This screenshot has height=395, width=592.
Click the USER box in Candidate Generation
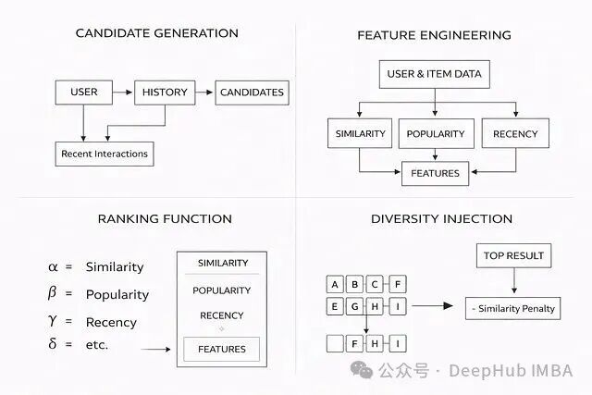click(84, 93)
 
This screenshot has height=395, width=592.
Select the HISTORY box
click(166, 93)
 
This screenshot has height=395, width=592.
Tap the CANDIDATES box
click(252, 93)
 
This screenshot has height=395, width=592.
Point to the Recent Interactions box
click(104, 153)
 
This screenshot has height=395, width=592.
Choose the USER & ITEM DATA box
click(434, 74)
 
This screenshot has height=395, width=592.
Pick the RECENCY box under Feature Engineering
click(515, 133)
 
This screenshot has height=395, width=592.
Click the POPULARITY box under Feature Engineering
click(435, 133)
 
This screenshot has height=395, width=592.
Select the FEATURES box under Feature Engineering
click(435, 172)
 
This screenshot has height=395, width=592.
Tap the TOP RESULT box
click(513, 255)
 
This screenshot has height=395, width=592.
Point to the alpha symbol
click(53, 266)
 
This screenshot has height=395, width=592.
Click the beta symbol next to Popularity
click(53, 294)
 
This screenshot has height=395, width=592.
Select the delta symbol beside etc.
click(53, 344)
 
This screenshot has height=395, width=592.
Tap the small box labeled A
click(336, 284)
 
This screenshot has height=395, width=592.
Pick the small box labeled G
click(356, 305)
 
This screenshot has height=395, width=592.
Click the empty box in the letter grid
click(336, 343)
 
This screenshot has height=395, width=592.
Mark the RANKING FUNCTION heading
click(165, 219)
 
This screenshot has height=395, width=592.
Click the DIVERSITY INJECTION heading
click(441, 219)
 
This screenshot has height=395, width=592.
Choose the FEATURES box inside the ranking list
click(222, 349)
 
